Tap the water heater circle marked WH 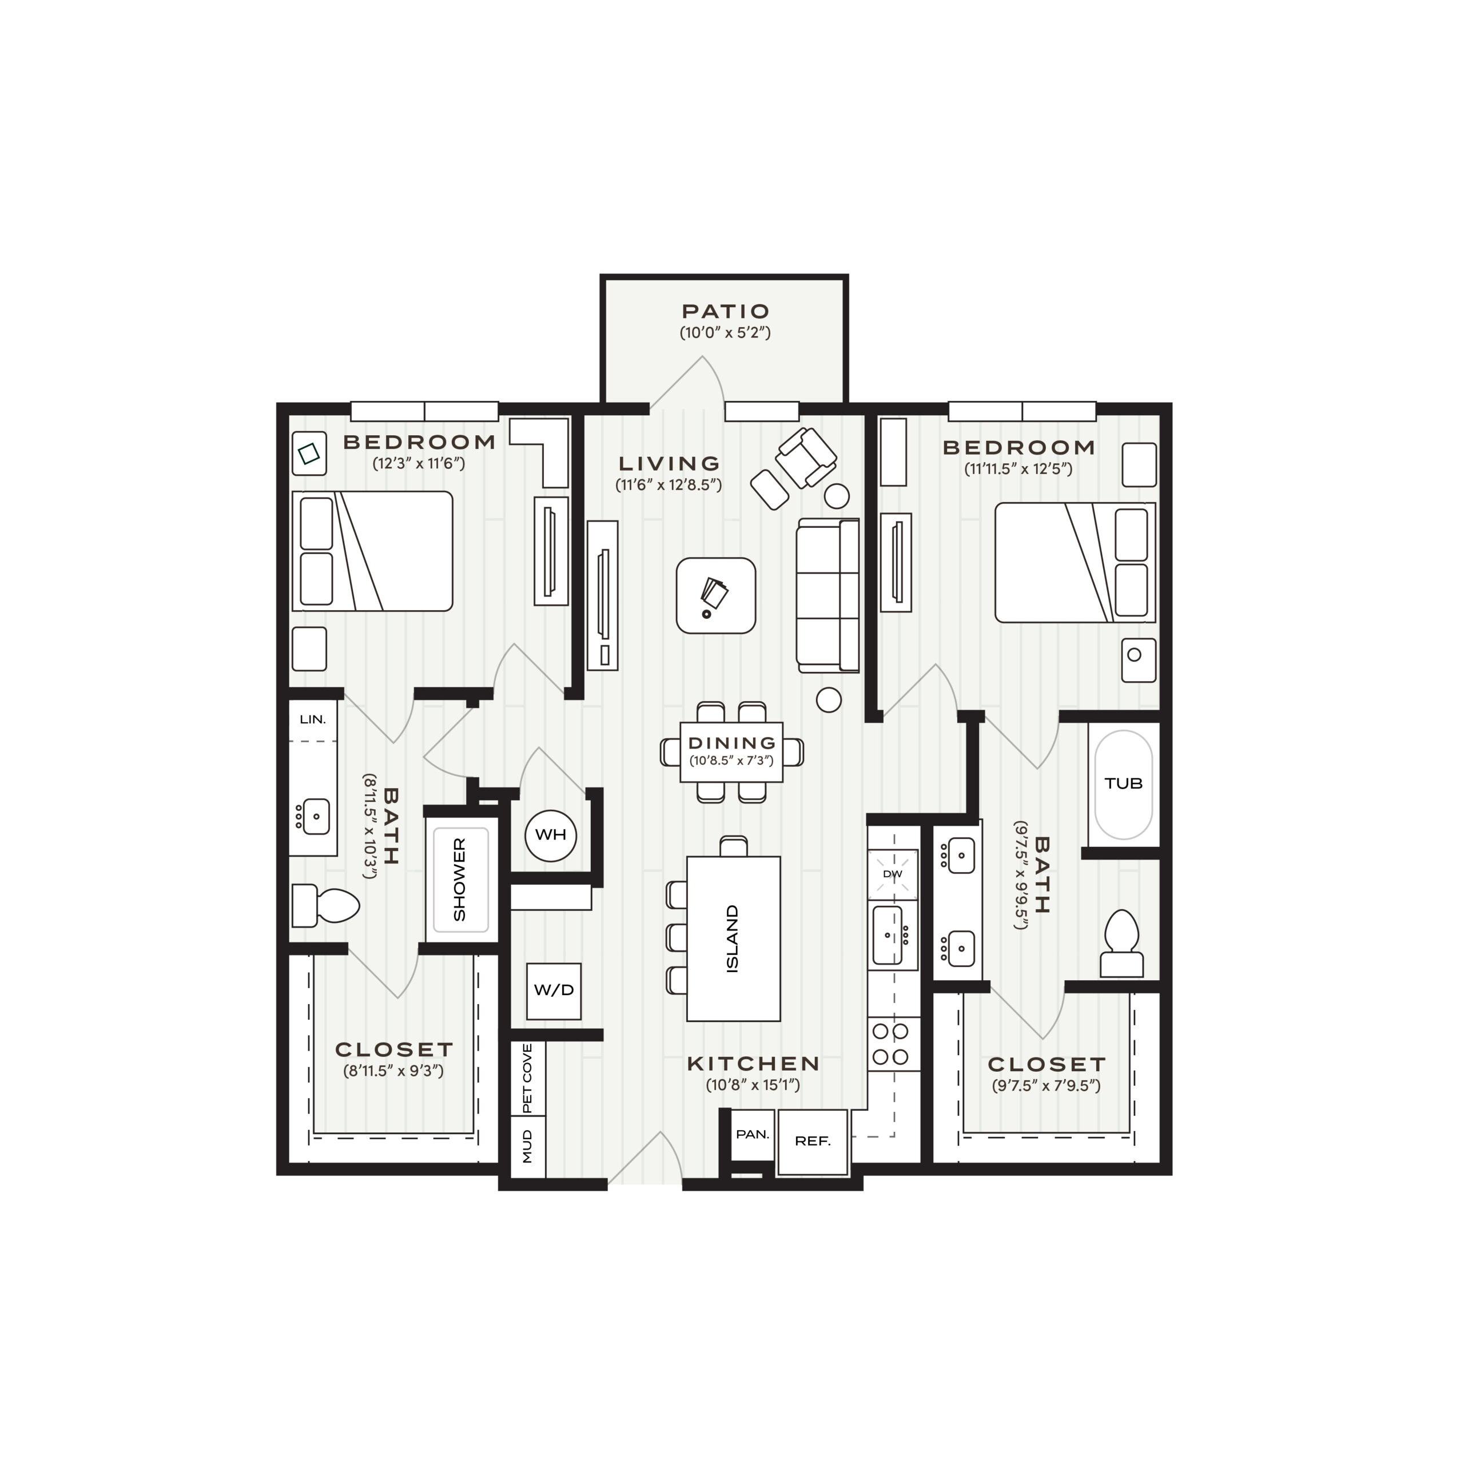pyautogui.click(x=551, y=835)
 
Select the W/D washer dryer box pyautogui.click(x=554, y=990)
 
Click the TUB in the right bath pyautogui.click(x=1123, y=784)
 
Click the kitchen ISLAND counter pyautogui.click(x=733, y=938)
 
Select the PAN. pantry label pyautogui.click(x=753, y=1135)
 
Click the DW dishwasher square pyautogui.click(x=893, y=874)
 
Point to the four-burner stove pyautogui.click(x=890, y=1044)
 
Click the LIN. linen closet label pyautogui.click(x=313, y=719)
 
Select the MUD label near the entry pyautogui.click(x=527, y=1145)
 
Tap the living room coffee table pyautogui.click(x=715, y=595)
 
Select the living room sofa pyautogui.click(x=828, y=595)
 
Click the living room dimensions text pyautogui.click(x=669, y=485)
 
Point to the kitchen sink pyautogui.click(x=889, y=935)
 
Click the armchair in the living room pyautogui.click(x=806, y=457)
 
